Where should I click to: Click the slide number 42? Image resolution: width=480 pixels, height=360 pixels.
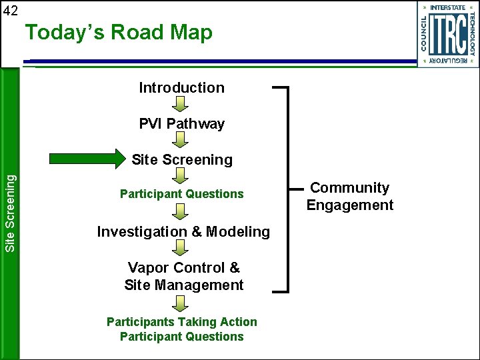11,11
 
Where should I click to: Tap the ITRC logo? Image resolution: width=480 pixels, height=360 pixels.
447,34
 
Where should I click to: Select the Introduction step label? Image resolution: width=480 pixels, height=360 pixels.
181,88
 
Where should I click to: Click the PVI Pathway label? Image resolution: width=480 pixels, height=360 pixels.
181,124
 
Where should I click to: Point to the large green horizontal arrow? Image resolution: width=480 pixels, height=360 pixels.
89,159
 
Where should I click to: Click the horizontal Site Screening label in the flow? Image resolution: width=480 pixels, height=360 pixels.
182,160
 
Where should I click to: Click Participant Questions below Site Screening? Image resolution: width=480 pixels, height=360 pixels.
181,194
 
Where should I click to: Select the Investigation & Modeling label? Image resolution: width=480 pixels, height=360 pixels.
183,232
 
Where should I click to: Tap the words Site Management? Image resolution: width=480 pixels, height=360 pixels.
183,285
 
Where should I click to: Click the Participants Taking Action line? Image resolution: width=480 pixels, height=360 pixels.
181,322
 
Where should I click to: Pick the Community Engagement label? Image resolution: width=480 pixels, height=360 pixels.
350,197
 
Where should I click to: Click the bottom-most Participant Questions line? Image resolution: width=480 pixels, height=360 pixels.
181,337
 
